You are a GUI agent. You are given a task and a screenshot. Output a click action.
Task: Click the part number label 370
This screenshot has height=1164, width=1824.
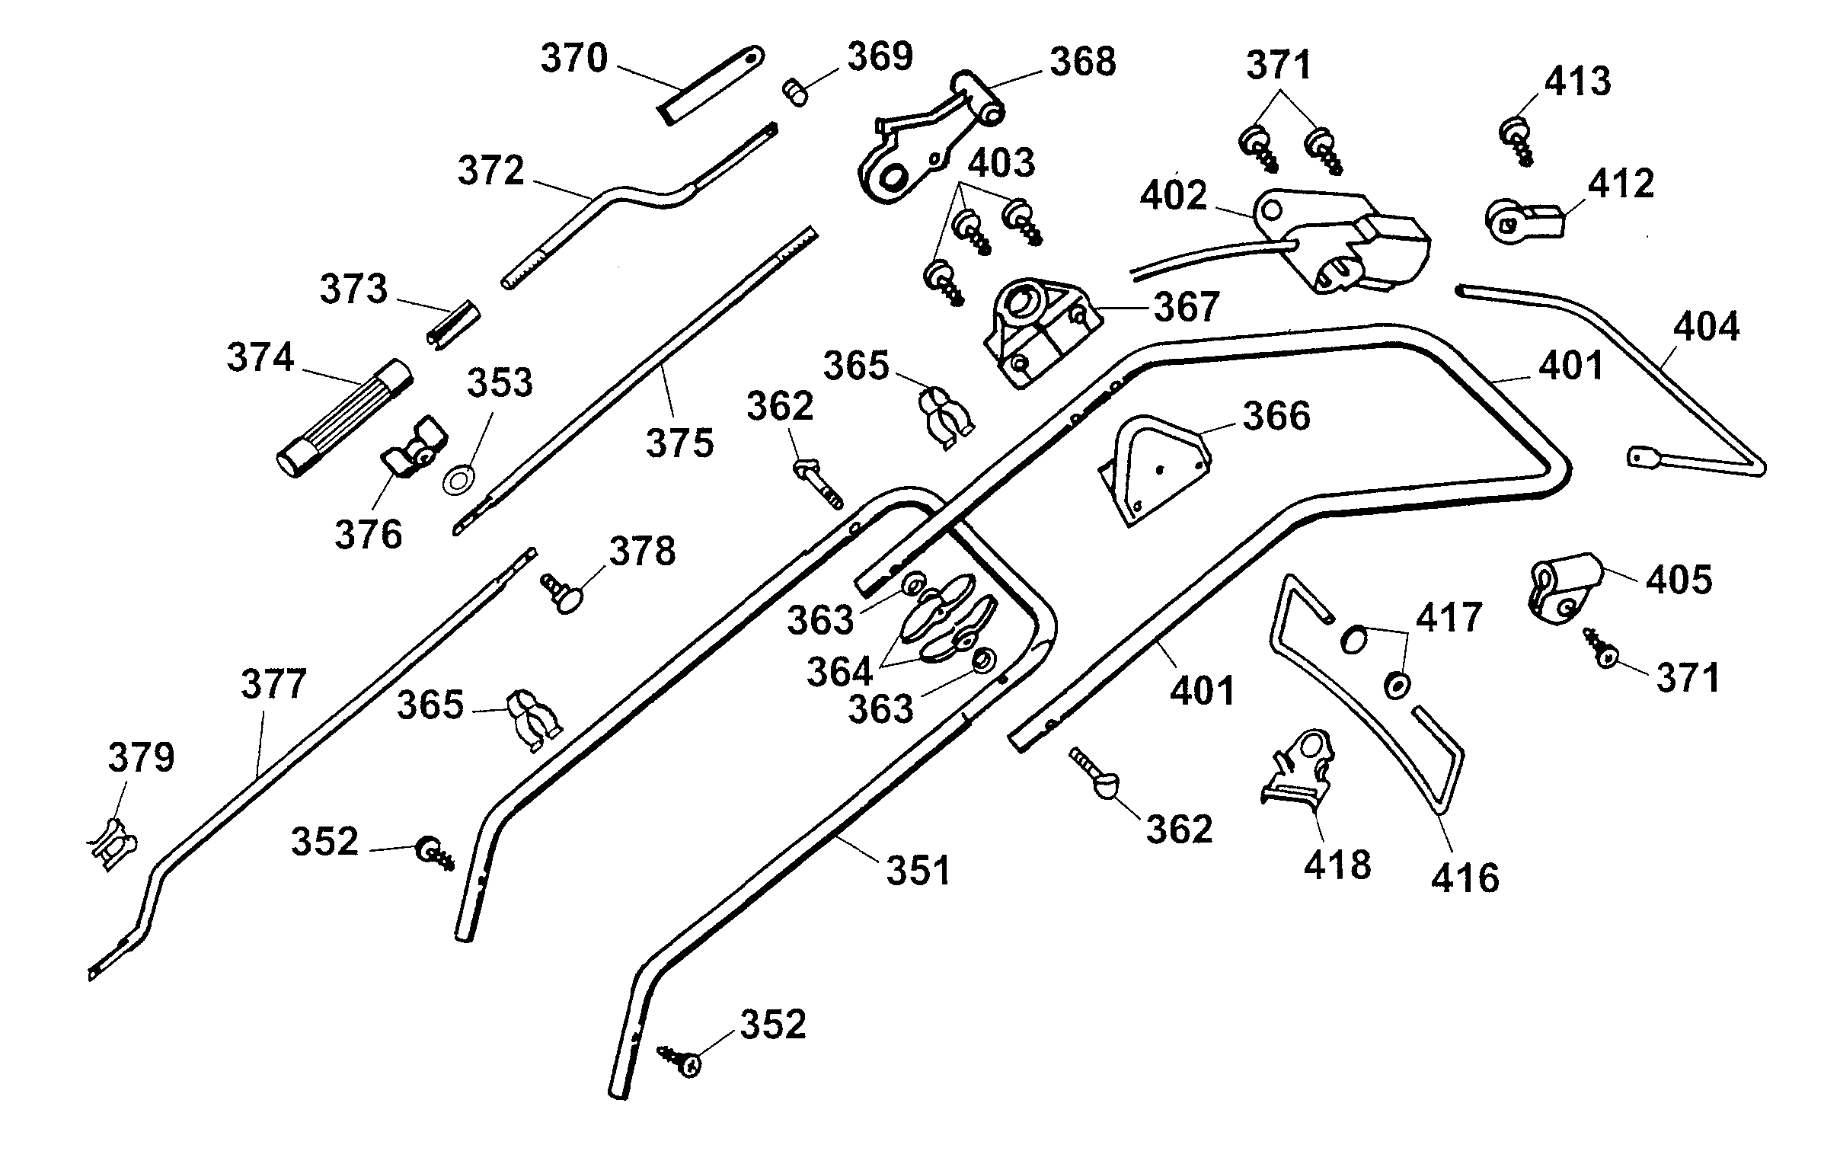pyautogui.click(x=573, y=59)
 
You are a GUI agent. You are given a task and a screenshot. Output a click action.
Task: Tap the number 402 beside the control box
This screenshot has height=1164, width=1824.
pyautogui.click(x=1173, y=197)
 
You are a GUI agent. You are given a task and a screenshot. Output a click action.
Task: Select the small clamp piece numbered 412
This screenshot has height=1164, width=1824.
pyautogui.click(x=1523, y=222)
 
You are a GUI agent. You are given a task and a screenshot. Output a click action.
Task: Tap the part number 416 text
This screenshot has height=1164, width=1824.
pyautogui.click(x=1465, y=878)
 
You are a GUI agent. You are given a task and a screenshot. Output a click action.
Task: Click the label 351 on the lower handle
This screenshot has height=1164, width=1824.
pyautogui.click(x=918, y=871)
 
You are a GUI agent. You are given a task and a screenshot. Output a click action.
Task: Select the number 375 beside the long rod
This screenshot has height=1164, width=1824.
pyautogui.click(x=680, y=443)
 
